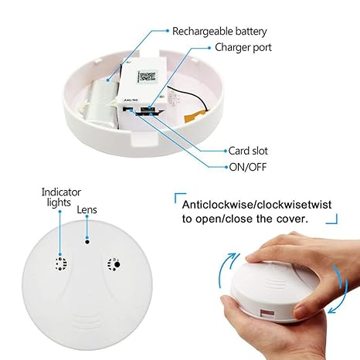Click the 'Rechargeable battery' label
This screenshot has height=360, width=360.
pyautogui.click(x=219, y=31)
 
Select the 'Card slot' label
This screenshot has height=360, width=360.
pyautogui.click(x=249, y=151)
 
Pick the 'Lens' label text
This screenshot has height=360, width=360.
pyautogui.click(x=87, y=209)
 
